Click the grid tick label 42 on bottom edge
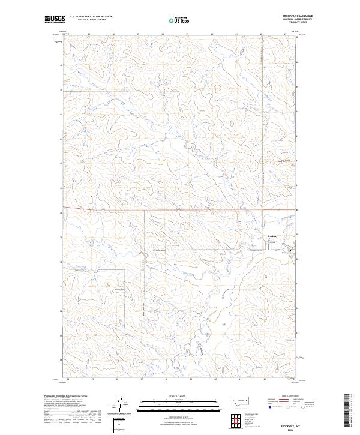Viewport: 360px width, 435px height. [265, 379]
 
